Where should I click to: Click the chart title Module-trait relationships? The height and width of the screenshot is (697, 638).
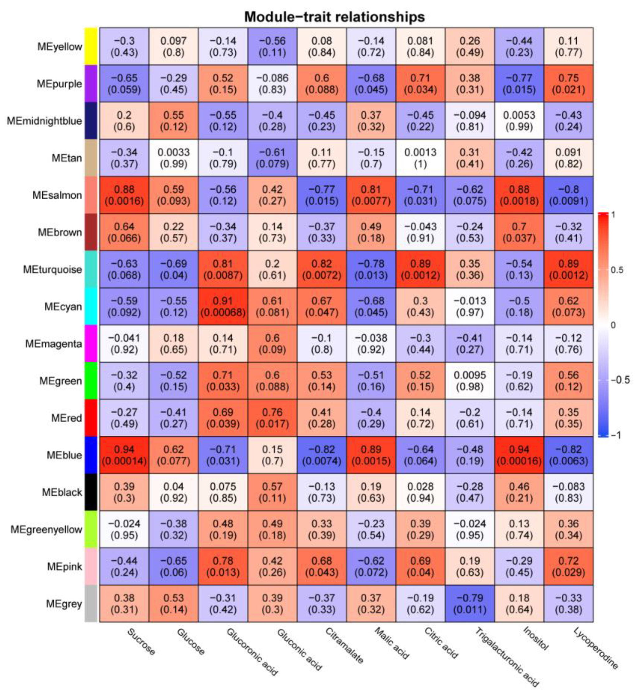click(x=334, y=16)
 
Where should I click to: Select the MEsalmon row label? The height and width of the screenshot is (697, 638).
click(x=57, y=195)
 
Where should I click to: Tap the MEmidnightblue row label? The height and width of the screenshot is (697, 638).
click(x=44, y=121)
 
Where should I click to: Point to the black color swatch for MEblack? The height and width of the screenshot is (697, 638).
click(x=91, y=492)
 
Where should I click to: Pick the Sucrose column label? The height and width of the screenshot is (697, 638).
click(x=141, y=642)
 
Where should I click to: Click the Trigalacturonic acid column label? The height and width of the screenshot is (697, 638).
click(x=506, y=657)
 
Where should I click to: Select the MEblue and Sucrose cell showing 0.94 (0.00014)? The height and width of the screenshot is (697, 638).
click(x=124, y=455)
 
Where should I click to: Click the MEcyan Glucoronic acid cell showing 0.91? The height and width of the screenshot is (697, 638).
click(x=223, y=307)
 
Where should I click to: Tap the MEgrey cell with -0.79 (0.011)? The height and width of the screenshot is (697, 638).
click(x=470, y=604)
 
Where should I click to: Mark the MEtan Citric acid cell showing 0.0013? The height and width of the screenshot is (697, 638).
click(x=420, y=158)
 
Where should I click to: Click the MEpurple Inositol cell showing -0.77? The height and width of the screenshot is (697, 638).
click(x=519, y=84)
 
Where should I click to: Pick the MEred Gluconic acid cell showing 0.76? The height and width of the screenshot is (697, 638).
click(x=272, y=418)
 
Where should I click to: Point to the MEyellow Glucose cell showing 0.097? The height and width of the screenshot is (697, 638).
click(x=173, y=47)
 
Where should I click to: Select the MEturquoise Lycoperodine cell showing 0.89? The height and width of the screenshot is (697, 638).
click(x=569, y=270)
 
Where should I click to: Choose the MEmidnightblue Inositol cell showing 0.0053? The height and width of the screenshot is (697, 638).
click(x=519, y=121)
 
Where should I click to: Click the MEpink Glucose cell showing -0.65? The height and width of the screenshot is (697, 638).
click(x=173, y=566)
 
